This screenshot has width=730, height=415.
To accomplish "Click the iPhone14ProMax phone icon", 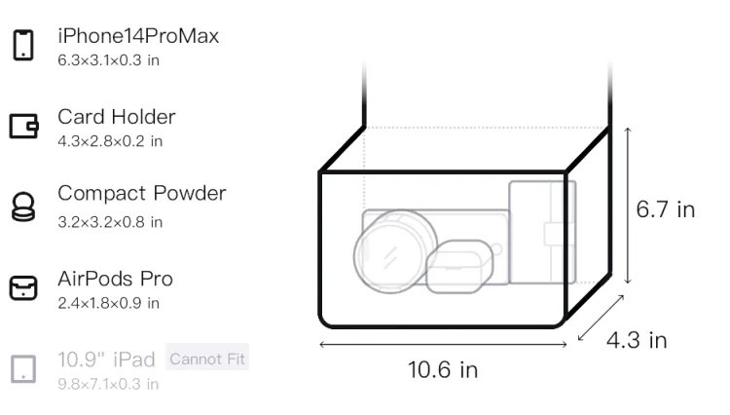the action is coord(23,45).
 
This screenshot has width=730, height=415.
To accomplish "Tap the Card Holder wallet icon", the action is coord(23,126).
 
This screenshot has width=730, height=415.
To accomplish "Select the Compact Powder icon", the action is coord(23,207).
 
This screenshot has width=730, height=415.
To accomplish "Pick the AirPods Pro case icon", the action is coord(23,287).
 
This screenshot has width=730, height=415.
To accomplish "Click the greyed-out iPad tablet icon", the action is coord(23,369).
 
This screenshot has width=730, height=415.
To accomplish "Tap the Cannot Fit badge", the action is coord(207,358).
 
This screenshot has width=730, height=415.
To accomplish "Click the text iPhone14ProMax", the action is coord(138,36).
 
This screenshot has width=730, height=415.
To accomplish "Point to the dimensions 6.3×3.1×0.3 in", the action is coord(108,60).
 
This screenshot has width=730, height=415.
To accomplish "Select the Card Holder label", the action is coord(117,117).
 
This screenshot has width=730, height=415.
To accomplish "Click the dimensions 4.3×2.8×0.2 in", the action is coord(110,141).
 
